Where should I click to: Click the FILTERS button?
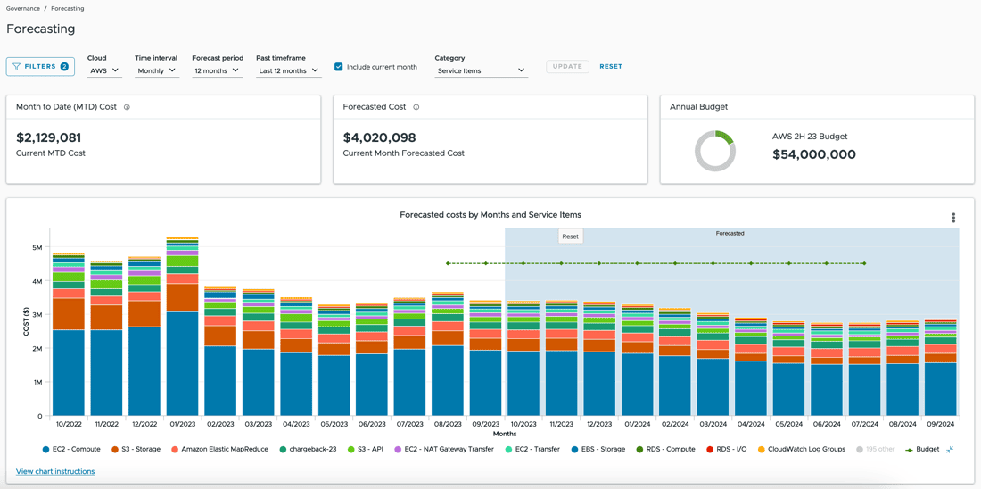[40, 66]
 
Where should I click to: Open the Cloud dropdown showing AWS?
[103, 70]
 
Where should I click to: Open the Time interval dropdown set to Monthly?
[156, 70]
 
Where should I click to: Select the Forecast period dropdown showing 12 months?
[217, 70]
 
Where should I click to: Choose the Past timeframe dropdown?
[288, 70]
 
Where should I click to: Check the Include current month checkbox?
[339, 67]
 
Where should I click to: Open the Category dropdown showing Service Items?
[481, 70]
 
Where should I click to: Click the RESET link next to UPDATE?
[611, 66]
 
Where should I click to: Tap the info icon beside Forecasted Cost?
[416, 107]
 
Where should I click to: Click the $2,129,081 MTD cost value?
[49, 137]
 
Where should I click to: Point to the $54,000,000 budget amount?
[814, 154]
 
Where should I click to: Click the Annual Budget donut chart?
[715, 151]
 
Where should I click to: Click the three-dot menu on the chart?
[953, 218]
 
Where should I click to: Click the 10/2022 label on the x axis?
[69, 425]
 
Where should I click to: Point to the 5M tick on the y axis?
[37, 247]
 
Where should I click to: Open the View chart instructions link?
[55, 471]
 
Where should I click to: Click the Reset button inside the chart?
[570, 236]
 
